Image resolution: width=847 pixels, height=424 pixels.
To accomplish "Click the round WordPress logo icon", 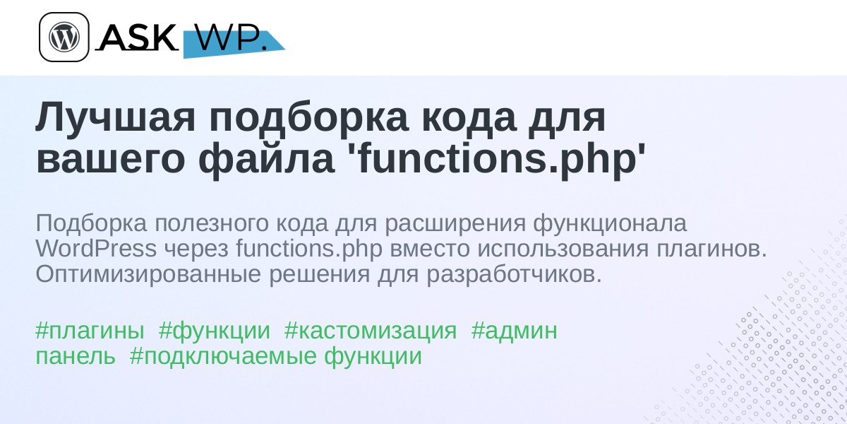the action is tap(64, 37).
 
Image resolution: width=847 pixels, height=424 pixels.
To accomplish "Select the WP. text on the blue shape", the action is tap(231, 38).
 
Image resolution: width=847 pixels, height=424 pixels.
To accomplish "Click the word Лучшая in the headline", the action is tap(115, 118).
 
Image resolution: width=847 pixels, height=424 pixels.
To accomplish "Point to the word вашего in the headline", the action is tap(110, 159).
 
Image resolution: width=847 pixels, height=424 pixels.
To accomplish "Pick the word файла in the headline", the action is tap(267, 159).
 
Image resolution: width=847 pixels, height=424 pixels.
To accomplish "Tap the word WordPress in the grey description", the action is tap(96, 249).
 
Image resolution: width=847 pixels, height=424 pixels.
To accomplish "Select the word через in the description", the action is tap(196, 250).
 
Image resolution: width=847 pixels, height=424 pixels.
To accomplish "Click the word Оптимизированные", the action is tap(148, 274).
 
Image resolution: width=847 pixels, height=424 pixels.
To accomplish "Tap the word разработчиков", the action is tap(515, 274).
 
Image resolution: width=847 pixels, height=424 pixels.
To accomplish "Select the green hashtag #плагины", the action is tap(90, 331).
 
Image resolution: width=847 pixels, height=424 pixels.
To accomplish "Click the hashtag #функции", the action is tap(215, 331).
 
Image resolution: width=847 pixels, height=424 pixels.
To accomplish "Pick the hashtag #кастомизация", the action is tap(371, 331).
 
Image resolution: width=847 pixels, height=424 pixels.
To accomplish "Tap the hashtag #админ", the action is tap(515, 331).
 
